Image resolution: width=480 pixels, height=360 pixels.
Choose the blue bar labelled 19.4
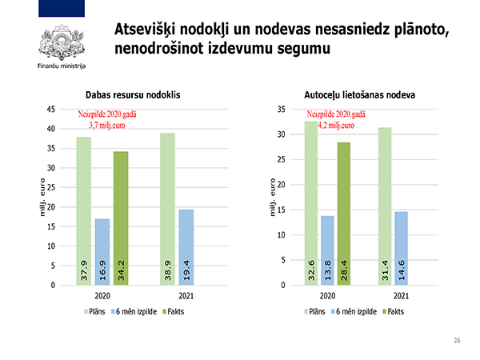point(186,247)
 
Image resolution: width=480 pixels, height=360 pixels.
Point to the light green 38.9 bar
point(167,209)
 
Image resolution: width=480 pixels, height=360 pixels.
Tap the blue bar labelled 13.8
point(326,250)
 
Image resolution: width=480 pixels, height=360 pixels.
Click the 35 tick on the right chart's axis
point(280,110)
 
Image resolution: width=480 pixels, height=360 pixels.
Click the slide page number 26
point(458,341)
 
